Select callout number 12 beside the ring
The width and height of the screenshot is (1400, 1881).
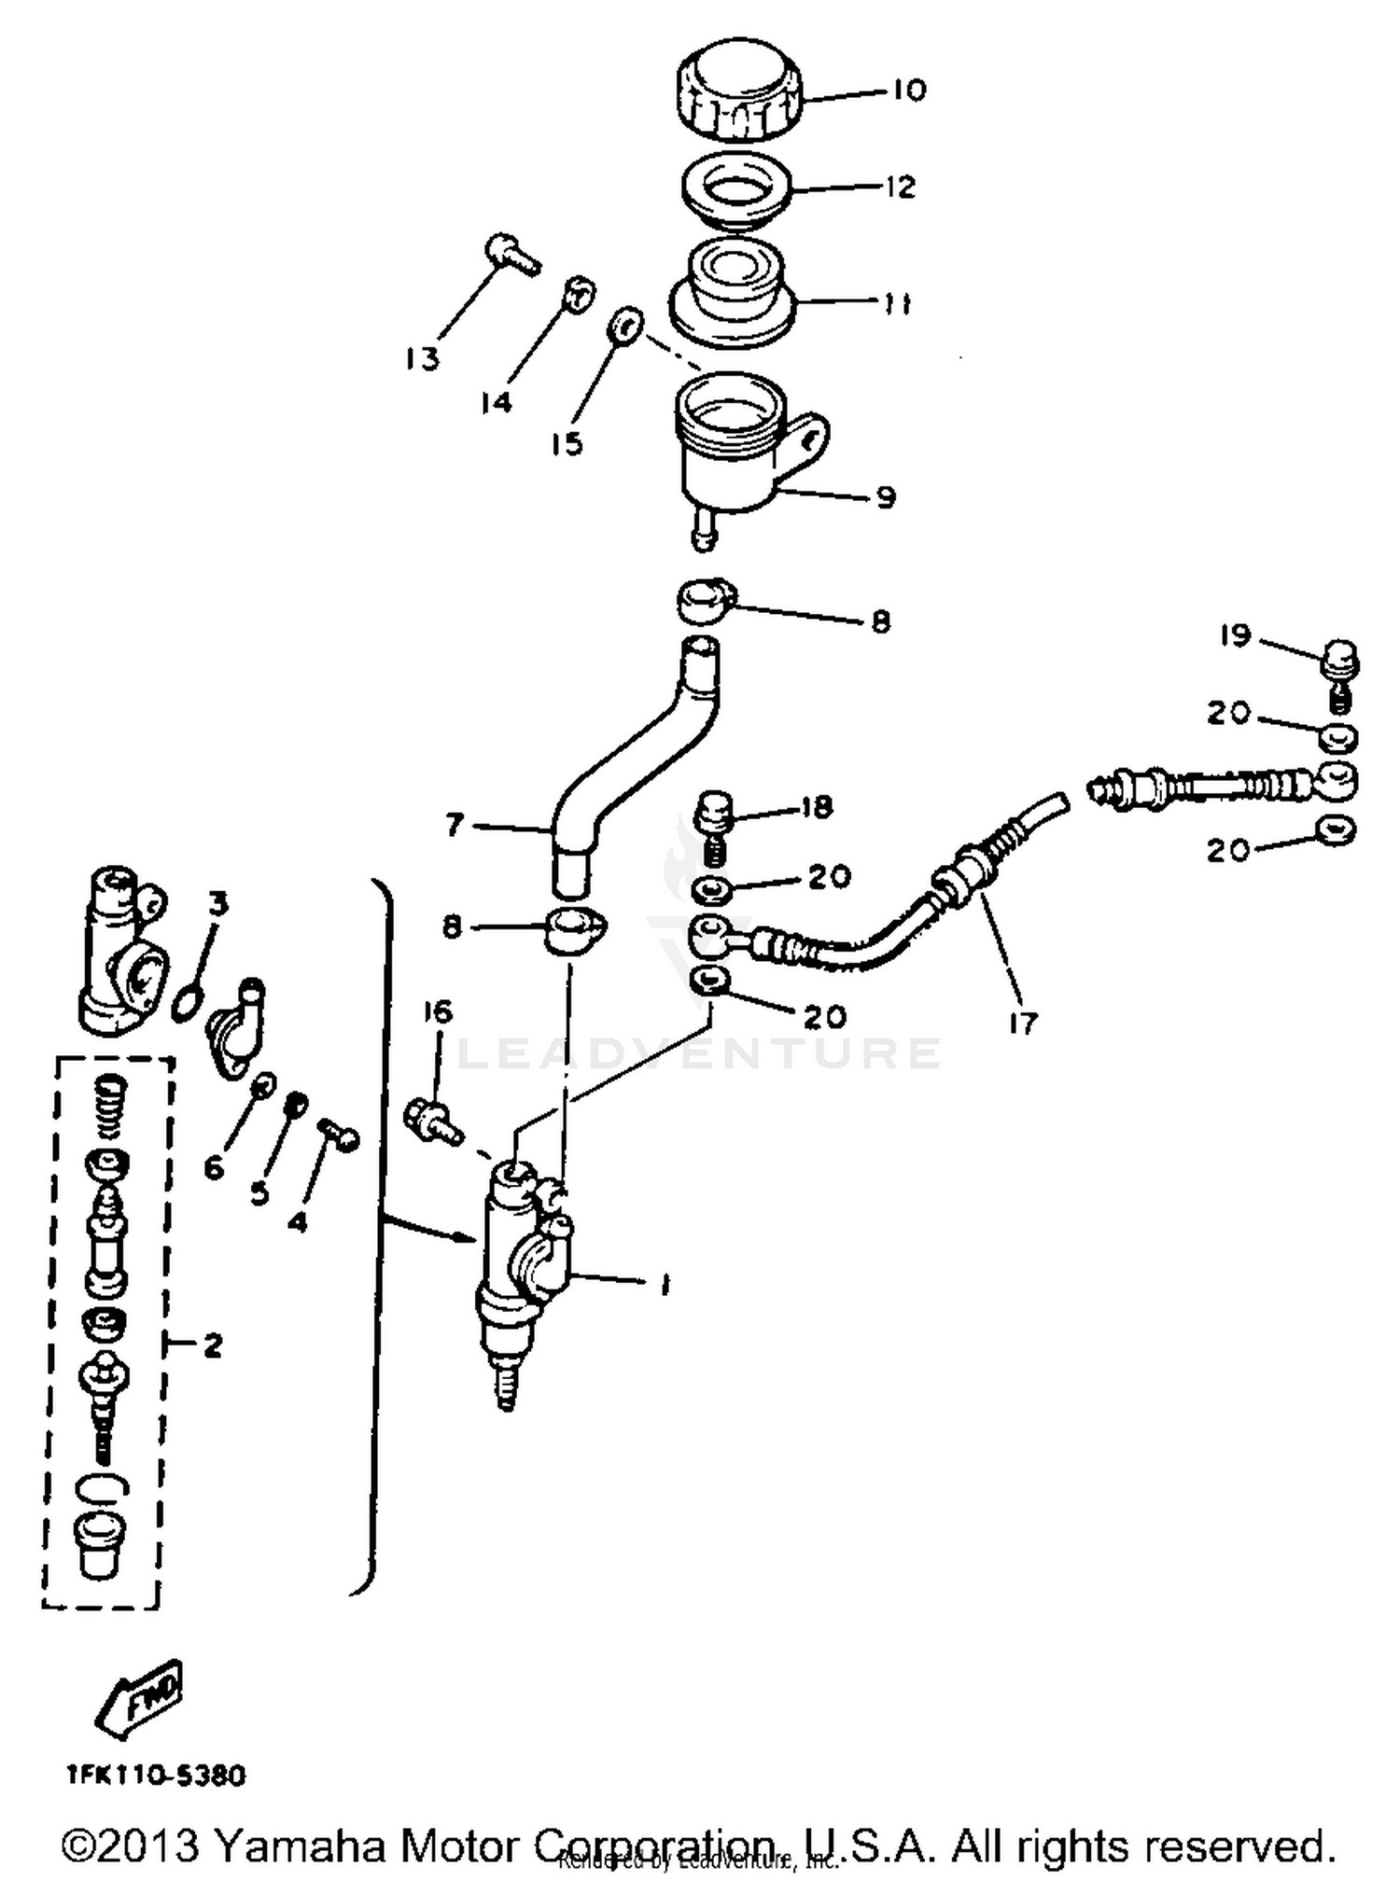coord(900,187)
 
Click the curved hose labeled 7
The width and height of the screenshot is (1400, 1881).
coord(635,756)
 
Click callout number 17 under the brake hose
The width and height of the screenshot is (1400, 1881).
coord(1023,1023)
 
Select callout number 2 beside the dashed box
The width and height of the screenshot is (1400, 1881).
coord(213,1345)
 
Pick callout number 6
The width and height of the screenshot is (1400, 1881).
coord(214,1167)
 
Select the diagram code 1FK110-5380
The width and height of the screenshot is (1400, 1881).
coord(155,1774)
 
